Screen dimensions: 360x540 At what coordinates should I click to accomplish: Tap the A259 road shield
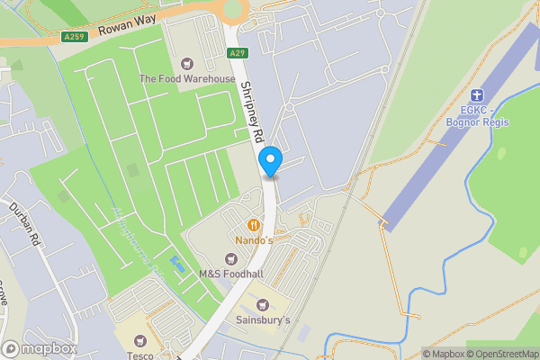pos(75,37)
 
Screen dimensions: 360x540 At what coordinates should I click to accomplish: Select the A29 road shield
pos(238,54)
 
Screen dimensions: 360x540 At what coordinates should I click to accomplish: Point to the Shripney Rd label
pos(251,112)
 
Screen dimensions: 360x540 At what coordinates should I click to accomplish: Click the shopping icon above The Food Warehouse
pos(187,63)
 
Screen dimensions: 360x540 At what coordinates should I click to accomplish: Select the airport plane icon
pos(478,94)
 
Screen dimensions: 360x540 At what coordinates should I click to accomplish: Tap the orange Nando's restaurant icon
pos(255,224)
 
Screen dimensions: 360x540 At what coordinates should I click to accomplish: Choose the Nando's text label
pos(255,241)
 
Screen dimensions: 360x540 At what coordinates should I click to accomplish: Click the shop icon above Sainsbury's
pos(264,304)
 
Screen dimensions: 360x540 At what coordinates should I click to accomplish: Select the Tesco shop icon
pos(139,341)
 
